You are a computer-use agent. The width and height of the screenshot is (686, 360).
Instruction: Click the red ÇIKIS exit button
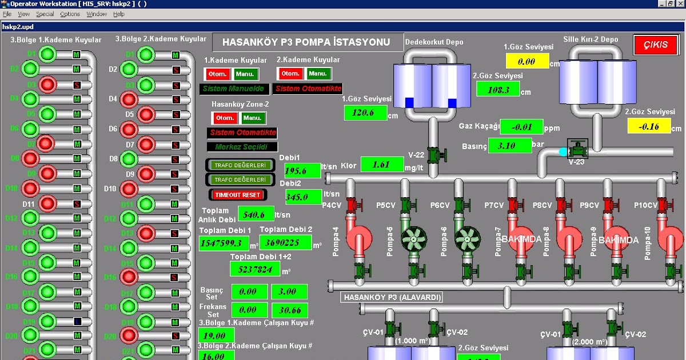coord(656,45)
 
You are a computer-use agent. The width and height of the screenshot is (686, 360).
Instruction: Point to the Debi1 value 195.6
coord(299,170)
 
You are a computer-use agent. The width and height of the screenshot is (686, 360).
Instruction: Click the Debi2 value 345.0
coord(304,197)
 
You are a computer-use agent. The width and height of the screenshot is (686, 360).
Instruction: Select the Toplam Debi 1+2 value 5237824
coord(255,269)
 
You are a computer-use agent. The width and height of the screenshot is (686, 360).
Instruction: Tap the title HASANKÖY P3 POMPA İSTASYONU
coord(306,42)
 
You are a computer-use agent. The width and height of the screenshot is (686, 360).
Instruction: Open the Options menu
coord(70,14)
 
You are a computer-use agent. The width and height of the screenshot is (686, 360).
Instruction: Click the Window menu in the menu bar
coord(96,14)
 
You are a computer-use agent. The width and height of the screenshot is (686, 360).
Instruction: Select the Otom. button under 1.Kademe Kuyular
coord(218,74)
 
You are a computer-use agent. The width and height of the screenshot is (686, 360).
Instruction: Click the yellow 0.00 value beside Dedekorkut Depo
coord(527,61)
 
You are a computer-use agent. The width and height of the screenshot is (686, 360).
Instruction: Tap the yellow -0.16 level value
coord(648,126)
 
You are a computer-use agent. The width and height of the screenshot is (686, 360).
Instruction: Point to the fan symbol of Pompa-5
coord(413,238)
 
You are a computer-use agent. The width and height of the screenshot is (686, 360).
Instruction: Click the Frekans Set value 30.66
coord(289,310)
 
